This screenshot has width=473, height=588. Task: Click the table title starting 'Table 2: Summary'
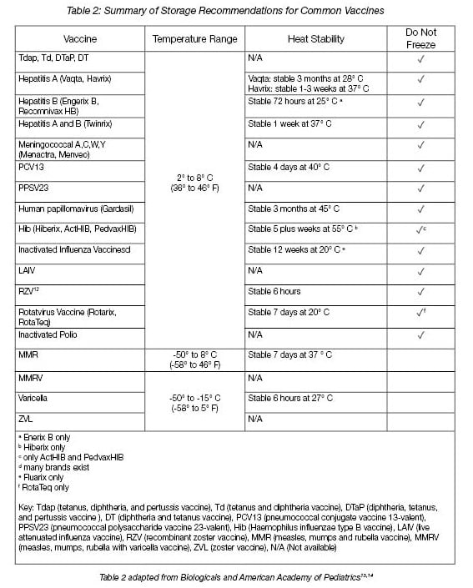(x=236, y=10)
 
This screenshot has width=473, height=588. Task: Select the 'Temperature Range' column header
(x=194, y=39)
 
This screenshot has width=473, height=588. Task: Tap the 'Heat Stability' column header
(x=315, y=39)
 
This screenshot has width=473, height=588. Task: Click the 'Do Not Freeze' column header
(x=420, y=38)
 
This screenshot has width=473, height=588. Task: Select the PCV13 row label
(x=31, y=167)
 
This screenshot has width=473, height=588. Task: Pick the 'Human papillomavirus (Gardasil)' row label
(x=69, y=209)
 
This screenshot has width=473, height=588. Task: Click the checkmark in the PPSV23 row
(x=420, y=188)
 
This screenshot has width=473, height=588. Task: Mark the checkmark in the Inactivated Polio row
(x=420, y=335)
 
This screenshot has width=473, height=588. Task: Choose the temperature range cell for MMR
(x=194, y=359)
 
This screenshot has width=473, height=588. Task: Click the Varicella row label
(x=33, y=399)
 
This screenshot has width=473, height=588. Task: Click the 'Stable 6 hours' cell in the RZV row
(x=274, y=291)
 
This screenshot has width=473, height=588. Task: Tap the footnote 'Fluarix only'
(x=47, y=478)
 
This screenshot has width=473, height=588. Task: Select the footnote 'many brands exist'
(x=53, y=468)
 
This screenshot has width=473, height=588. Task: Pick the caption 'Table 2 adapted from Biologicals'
(x=236, y=575)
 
